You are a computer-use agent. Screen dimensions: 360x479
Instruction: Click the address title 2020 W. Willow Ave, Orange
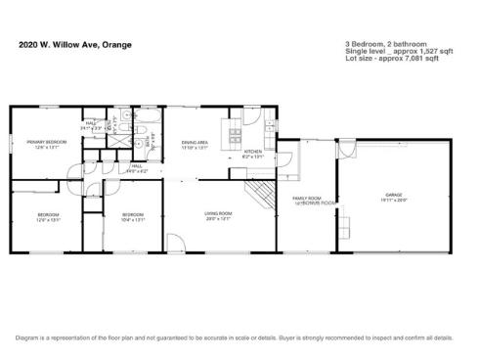tap(75, 44)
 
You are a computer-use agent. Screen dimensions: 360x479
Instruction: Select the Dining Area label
tap(195, 145)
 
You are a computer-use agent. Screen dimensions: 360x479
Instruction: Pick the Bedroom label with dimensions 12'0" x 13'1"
tap(48, 217)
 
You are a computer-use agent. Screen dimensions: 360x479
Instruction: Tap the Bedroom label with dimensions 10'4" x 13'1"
tap(133, 217)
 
